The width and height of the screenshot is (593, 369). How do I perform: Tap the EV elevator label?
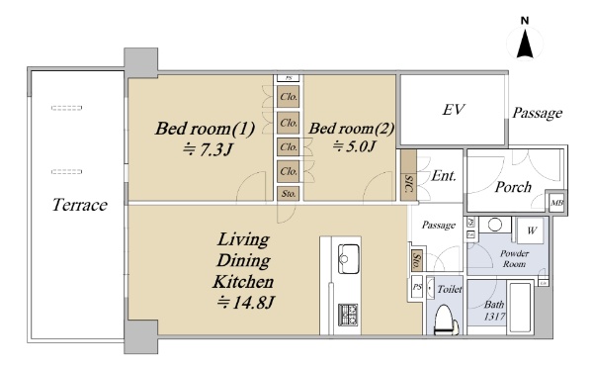(453, 110)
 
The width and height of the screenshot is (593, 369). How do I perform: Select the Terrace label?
(80, 205)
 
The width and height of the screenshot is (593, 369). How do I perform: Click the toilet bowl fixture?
(447, 320)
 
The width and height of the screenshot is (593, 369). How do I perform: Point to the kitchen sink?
(348, 259)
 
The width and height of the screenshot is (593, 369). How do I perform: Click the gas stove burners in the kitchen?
(348, 314)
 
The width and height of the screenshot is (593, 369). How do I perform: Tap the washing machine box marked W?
(532, 231)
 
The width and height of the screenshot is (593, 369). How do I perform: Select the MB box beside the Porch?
(556, 203)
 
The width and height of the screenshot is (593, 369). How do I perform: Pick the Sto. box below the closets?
(289, 194)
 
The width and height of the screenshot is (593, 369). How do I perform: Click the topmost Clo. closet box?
(289, 97)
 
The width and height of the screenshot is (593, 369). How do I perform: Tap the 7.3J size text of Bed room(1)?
(207, 150)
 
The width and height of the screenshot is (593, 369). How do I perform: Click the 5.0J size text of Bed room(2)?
(353, 146)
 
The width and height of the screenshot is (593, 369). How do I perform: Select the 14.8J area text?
(245, 303)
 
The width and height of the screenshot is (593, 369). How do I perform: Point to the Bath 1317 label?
(494, 311)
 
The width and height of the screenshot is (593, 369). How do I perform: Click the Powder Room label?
(514, 259)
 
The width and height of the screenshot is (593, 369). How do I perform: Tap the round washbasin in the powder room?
(495, 225)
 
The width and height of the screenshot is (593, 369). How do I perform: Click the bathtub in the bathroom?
(521, 307)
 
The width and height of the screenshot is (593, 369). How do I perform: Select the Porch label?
(513, 187)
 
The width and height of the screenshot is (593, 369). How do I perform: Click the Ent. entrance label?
(444, 176)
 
